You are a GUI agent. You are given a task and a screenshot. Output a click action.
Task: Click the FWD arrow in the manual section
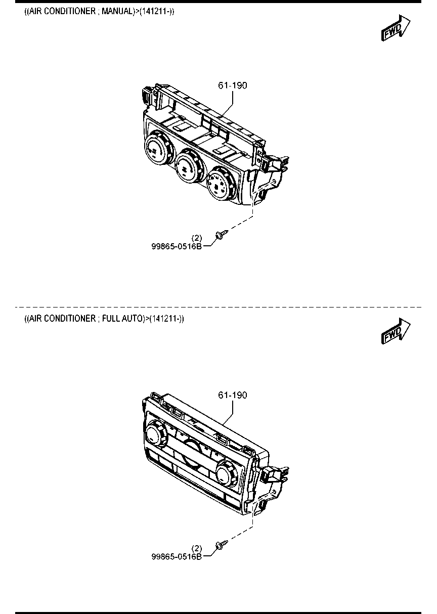pos(396,28)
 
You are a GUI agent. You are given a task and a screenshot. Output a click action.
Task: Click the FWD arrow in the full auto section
pos(396,331)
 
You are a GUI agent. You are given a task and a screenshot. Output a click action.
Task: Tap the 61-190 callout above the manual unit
pos(233,85)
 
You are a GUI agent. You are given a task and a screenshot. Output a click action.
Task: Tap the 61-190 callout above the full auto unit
pos(233,395)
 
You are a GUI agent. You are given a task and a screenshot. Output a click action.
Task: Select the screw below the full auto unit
pos(222,544)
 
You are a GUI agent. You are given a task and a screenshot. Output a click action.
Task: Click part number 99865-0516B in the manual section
pos(177,246)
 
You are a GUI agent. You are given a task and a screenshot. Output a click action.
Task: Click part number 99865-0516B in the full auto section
pos(177,556)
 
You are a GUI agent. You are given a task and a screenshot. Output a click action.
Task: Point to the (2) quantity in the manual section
pos(197,238)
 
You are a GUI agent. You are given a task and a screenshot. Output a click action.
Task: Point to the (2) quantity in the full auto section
pos(197,548)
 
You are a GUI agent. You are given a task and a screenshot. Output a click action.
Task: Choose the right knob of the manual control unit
pos(221,183)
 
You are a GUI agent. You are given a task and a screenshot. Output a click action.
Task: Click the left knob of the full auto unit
pos(156,434)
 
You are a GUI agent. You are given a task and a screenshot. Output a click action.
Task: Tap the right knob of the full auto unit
pos(227,474)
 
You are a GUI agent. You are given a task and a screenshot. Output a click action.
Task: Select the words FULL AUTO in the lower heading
pos(122,319)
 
